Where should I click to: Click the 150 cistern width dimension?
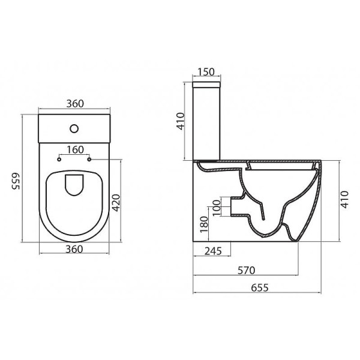pyautogui.click(x=205, y=73)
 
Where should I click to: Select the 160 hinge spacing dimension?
pyautogui.click(x=74, y=149)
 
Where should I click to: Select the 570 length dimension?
pyautogui.click(x=245, y=270)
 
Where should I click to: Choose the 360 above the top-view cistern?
pyautogui.click(x=74, y=104)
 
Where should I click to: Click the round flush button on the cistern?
pyautogui.click(x=74, y=128)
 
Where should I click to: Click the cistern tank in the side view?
pyautogui.click(x=206, y=123)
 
